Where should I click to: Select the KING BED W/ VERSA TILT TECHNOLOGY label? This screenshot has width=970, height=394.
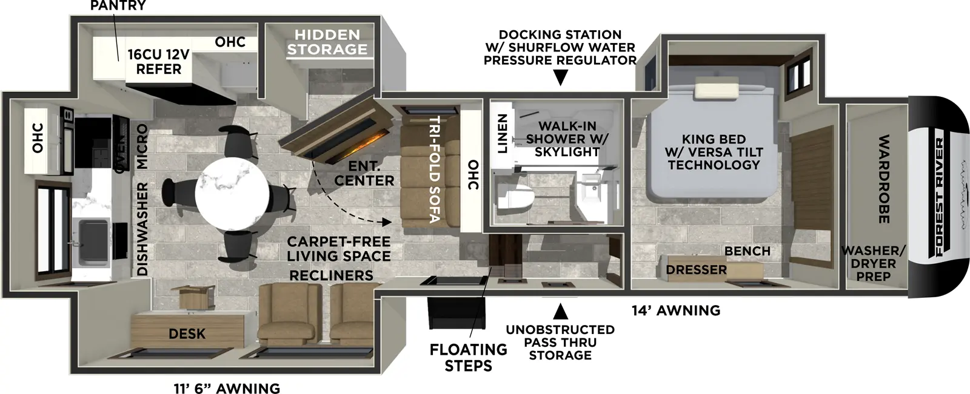tap(714, 152)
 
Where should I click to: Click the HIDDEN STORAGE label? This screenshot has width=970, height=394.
tap(327, 42)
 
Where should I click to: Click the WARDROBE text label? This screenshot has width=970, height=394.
tap(884, 179)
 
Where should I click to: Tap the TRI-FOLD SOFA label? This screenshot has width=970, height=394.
tap(434, 169)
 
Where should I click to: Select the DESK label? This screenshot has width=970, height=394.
tap(187, 333)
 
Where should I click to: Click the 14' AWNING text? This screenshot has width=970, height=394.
tap(676, 310)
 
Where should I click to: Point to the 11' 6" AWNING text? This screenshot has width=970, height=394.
tap(227, 388)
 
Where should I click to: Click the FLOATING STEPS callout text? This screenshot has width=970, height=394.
tap(468, 358)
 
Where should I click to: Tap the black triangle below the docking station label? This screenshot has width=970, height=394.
tap(561, 77)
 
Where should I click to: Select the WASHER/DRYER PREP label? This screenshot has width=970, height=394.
tap(873, 263)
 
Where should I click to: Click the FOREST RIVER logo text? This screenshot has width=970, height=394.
tap(940, 197)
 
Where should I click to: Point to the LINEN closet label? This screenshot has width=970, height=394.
tap(502, 134)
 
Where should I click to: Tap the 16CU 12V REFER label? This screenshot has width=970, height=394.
tap(158, 62)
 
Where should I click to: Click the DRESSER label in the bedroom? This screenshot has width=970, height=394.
tap(696, 269)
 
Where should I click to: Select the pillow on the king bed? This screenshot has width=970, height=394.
tap(717, 90)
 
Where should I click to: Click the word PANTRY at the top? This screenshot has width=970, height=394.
tap(118, 6)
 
